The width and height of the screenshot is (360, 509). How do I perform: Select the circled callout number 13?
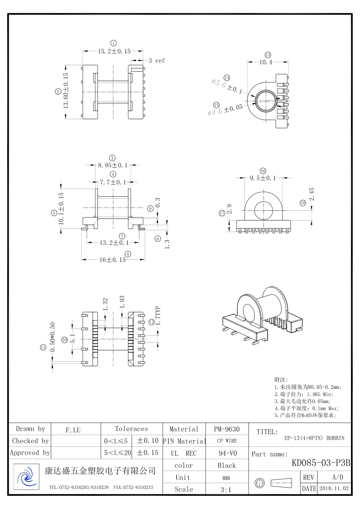click(x=268, y=54)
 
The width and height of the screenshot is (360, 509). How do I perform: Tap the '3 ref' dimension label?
click(x=156, y=60)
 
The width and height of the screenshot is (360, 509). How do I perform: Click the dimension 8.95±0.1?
click(x=113, y=165)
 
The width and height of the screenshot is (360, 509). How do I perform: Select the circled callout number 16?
click(x=263, y=170)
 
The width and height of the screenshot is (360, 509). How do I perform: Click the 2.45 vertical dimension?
click(x=311, y=194)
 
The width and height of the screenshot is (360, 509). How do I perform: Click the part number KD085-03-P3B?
click(x=321, y=463)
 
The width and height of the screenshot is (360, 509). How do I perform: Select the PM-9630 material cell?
click(x=227, y=429)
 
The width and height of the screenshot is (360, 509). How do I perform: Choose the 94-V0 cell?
click(x=227, y=453)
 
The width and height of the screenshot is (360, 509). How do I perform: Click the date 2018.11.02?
click(x=334, y=489)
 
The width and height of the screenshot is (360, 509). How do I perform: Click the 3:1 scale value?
click(x=227, y=490)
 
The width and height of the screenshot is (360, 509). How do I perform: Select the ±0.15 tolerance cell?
click(x=147, y=453)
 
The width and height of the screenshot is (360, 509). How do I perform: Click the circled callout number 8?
click(x=128, y=254)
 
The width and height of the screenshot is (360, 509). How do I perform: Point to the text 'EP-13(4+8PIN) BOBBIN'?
click(x=314, y=438)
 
